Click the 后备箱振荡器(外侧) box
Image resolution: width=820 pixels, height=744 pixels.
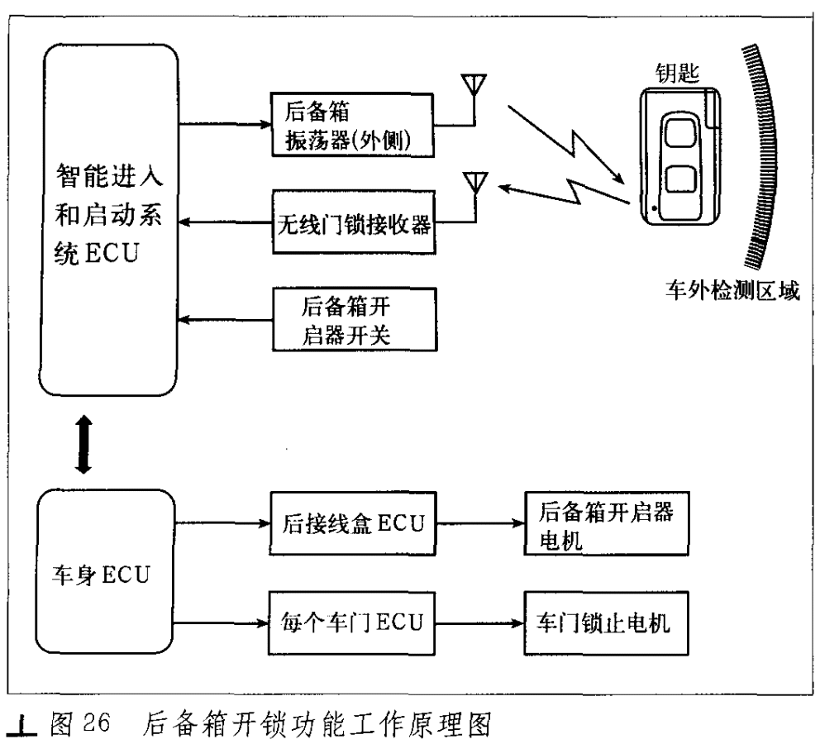(352, 125)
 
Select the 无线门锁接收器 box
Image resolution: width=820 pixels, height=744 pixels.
(354, 222)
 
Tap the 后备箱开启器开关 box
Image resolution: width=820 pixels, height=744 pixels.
(355, 319)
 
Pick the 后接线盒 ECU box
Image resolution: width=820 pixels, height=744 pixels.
(352, 522)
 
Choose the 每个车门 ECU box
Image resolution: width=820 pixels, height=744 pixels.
(351, 622)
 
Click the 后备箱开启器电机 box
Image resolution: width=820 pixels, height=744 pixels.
(607, 522)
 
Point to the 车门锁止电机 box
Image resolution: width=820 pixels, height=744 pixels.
(606, 622)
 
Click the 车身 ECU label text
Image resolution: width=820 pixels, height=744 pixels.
(101, 575)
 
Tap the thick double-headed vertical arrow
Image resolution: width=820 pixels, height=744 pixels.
(83, 445)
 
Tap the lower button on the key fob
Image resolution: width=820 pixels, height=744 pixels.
(680, 179)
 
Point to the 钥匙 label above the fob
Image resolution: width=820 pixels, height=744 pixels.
(678, 74)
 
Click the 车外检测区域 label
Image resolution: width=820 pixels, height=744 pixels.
(732, 290)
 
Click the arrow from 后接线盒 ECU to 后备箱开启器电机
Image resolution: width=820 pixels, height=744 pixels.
(480, 522)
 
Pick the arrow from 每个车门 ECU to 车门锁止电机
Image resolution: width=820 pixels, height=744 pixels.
(479, 622)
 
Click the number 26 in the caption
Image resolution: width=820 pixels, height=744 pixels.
(97, 723)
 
